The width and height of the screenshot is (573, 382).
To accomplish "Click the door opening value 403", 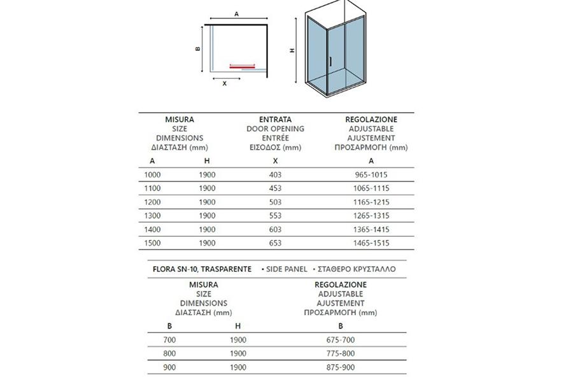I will (275, 174).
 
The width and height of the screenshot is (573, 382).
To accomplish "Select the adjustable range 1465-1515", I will (371, 243).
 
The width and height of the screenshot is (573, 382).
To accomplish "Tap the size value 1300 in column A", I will (152, 215).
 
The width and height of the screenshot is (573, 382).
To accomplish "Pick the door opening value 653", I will (275, 243).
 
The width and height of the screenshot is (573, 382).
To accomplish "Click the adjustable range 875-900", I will (341, 367).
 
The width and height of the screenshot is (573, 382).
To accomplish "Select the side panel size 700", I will (169, 340).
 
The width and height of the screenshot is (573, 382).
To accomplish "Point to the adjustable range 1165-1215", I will (371, 202).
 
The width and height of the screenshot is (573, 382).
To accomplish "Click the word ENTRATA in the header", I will (275, 119).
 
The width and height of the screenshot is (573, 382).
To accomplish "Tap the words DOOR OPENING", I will (275, 129).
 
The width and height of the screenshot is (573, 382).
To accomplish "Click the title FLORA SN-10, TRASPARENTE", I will (202, 269).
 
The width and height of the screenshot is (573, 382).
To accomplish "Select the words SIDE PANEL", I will (287, 269).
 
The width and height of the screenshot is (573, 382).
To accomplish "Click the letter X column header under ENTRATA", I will (275, 161).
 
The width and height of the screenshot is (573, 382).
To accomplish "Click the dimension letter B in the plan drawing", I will (198, 49).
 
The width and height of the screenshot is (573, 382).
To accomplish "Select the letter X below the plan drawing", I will (224, 83).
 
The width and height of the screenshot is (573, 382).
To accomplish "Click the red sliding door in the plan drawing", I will (242, 64).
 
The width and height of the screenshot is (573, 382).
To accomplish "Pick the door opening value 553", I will (275, 215).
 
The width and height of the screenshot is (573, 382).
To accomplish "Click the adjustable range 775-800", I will (341, 353).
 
